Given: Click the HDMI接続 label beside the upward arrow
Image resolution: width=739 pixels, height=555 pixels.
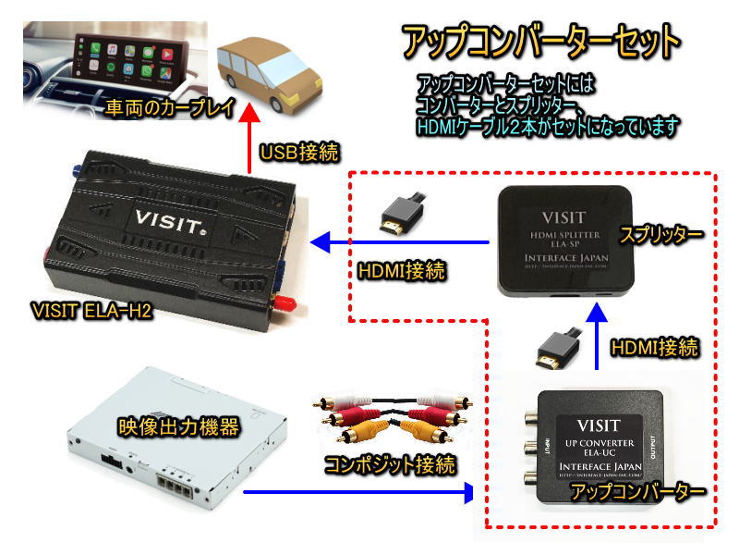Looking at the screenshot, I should click(x=654, y=350).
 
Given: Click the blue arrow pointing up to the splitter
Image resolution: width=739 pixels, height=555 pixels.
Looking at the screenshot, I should click(x=597, y=339).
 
